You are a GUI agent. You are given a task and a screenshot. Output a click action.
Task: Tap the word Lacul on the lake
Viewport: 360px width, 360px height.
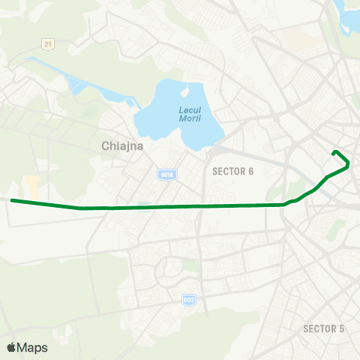coord(189,111)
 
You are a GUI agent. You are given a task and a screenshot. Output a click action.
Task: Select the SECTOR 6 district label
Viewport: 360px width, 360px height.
coord(233,171)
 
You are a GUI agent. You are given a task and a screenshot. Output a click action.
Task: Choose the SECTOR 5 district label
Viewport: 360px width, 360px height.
coord(323,328)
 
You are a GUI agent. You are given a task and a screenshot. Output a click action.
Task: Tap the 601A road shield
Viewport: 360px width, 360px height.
coord(167,175)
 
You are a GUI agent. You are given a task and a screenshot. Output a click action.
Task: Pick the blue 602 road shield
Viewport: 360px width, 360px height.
coord(189,299)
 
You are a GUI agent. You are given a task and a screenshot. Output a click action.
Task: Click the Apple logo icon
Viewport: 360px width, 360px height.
coord(11,347)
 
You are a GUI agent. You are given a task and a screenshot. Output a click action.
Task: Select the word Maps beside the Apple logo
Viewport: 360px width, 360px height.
coord(32,347)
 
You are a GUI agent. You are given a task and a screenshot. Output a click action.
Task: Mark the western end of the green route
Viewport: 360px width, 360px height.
coord(12,200)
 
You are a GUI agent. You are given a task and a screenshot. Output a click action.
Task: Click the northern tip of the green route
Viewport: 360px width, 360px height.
coord(334,153)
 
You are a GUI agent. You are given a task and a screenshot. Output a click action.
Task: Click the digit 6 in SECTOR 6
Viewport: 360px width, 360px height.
coord(251,171)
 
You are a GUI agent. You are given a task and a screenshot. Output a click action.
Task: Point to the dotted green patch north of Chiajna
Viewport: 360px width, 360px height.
coord(90,113)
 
